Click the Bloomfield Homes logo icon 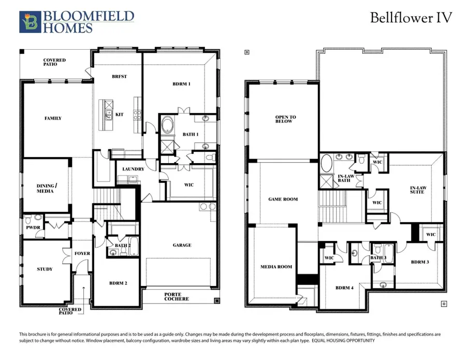(30, 22)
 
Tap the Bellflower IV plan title (411, 18)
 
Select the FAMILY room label (53, 118)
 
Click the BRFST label (119, 76)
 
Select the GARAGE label (182, 245)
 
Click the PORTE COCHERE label (177, 297)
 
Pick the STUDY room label (45, 269)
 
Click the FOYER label (82, 253)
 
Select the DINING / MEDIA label (45, 189)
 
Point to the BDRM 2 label (119, 283)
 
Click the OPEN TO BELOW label (284, 119)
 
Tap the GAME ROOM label (283, 199)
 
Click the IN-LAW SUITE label (417, 190)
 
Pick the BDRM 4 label (344, 287)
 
